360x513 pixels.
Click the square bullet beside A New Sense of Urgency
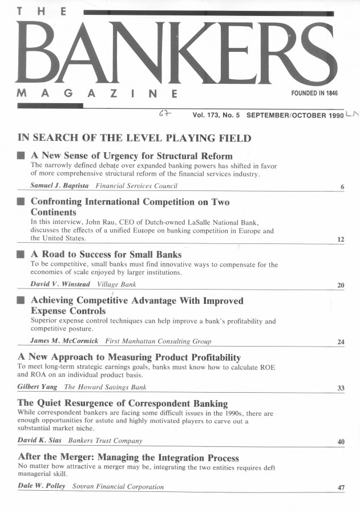pos(21,156)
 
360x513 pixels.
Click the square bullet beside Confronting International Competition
pos(21,202)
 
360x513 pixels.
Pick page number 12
pos(341,240)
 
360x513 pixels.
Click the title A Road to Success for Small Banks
pos(106,254)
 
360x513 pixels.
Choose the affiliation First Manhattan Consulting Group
pos(158,341)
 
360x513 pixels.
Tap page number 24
pos(341,343)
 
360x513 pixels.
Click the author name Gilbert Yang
pos(38,387)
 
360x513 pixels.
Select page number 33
pos(341,389)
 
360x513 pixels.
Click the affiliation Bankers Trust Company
pos(105,441)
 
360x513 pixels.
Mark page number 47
pos(341,488)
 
